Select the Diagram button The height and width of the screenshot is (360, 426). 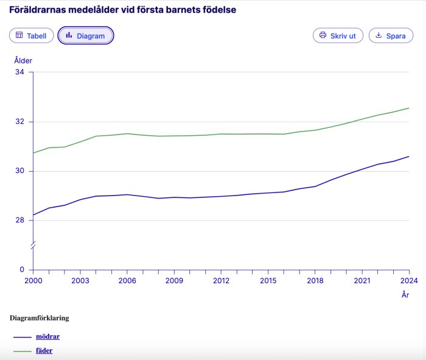(x=86, y=36)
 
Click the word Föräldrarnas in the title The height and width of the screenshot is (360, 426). (x=40, y=10)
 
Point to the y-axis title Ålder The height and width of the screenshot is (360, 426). (x=23, y=60)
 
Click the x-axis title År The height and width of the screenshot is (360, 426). (x=405, y=295)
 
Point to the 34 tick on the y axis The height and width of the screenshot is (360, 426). (x=20, y=72)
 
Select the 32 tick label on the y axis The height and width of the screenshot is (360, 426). (x=20, y=122)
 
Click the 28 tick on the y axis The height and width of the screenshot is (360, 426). (x=20, y=221)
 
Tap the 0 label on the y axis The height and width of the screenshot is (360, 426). (x=23, y=270)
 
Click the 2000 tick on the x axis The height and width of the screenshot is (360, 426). (x=33, y=281)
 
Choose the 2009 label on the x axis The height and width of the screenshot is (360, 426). (x=174, y=281)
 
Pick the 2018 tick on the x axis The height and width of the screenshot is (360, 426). (x=315, y=281)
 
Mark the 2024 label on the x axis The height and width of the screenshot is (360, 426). (x=409, y=281)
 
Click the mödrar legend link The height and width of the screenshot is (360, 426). (x=47, y=336)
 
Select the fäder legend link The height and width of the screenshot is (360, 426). (x=44, y=351)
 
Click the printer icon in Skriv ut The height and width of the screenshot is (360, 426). (x=323, y=35)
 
